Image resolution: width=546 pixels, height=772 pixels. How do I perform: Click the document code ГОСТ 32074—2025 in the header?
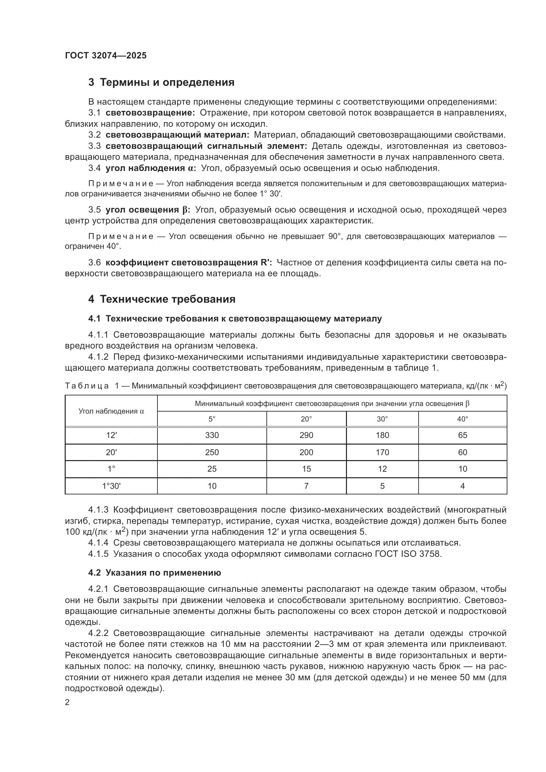coord(106,55)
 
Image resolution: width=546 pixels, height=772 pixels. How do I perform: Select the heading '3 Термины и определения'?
coord(161,83)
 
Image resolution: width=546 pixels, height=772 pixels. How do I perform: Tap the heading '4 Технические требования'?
coord(162,299)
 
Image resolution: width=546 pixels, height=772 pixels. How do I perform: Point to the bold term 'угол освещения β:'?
coord(148,210)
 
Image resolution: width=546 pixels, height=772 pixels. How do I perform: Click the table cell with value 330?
coord(212,435)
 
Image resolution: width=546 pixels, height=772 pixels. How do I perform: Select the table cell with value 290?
coord(306,435)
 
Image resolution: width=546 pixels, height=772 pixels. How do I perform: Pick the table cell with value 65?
coord(462,435)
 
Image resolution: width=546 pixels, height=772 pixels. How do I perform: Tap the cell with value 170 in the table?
coord(382,452)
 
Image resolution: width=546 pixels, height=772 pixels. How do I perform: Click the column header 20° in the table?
coord(306,419)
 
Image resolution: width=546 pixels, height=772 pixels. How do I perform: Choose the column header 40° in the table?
coord(462,419)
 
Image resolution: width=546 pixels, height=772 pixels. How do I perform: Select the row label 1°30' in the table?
coord(111,486)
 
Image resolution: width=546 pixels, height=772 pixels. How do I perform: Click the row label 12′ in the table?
coord(111,435)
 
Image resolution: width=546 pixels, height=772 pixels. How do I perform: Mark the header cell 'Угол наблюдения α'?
coord(111,411)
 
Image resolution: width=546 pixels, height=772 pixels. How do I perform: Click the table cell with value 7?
coord(306,486)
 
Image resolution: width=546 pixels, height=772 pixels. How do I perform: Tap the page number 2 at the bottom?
coord(67,702)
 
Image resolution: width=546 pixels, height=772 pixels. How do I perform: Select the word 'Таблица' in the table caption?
coord(87,386)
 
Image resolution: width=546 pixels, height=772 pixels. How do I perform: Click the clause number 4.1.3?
coord(98,510)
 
